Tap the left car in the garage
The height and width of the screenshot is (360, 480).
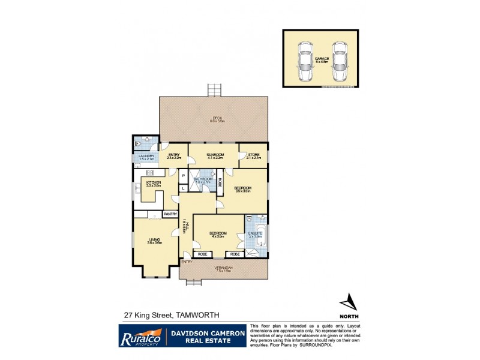click(x=305, y=62)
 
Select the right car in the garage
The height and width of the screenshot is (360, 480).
click(x=340, y=62)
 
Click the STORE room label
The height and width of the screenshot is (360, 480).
click(x=254, y=155)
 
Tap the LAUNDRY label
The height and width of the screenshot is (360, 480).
click(x=147, y=157)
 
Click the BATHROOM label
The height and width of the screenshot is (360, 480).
click(x=203, y=179)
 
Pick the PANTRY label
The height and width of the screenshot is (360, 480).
click(x=170, y=214)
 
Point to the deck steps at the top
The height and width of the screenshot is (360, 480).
click(x=215, y=91)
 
